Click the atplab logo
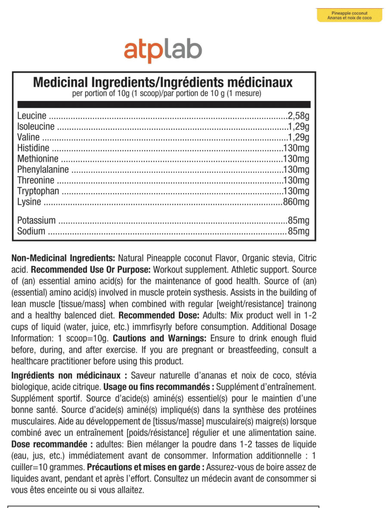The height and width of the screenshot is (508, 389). pyautogui.click(x=163, y=51)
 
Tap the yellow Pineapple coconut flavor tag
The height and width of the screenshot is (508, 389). pyautogui.click(x=349, y=15)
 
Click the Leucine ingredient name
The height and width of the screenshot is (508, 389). pyautogui.click(x=31, y=116)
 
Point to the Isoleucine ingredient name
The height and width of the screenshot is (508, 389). pyautogui.click(x=36, y=127)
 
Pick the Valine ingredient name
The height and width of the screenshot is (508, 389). pyautogui.click(x=28, y=138)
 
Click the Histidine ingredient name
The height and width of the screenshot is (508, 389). pyautogui.click(x=33, y=148)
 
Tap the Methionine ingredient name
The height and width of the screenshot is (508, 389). pyautogui.click(x=37, y=159)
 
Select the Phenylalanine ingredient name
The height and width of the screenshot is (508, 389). pyautogui.click(x=43, y=170)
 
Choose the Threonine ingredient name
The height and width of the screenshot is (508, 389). pyautogui.click(x=36, y=181)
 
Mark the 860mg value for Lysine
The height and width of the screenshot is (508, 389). pyautogui.click(x=296, y=202)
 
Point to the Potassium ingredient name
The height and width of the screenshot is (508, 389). pyautogui.click(x=36, y=221)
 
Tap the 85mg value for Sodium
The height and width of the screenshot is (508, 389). pyautogui.click(x=299, y=232)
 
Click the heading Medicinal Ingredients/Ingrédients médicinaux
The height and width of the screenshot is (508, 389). pyautogui.click(x=163, y=82)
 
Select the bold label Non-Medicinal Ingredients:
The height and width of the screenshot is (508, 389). pyautogui.click(x=63, y=258)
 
